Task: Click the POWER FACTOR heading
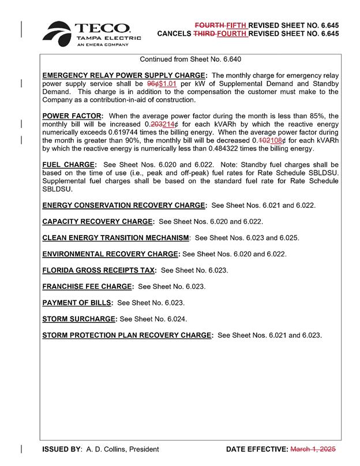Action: pos(72,116)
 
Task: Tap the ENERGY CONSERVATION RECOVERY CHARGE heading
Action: pos(124,205)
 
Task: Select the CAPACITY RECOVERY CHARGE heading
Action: pos(98,221)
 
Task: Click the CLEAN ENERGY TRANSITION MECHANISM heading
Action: pos(116,237)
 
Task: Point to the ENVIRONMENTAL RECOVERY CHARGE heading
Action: pos(111,253)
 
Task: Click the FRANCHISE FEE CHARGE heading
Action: pos(88,286)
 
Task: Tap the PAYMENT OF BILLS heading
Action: pos(77,302)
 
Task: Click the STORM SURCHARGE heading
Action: pos(80,318)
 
